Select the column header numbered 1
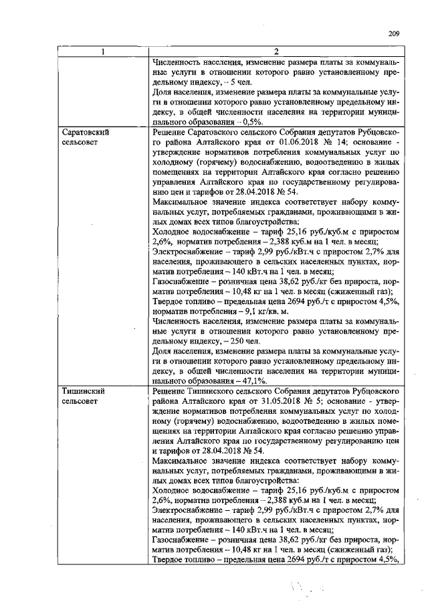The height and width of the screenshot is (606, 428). click(102, 52)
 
